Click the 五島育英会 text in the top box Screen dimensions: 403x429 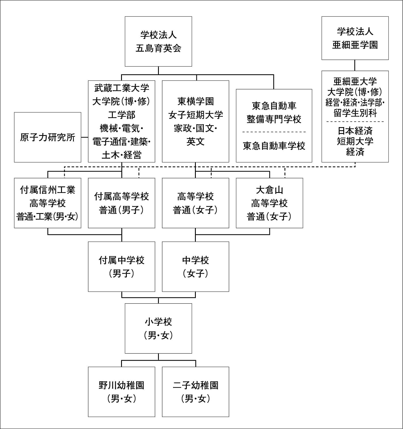[158, 48]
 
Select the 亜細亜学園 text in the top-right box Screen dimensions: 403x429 [355, 45]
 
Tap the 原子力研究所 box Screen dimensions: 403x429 [48, 137]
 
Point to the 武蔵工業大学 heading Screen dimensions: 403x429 [122, 88]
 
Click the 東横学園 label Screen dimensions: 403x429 [196, 101]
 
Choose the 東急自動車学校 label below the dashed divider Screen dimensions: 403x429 [274, 146]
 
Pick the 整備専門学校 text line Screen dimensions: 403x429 [274, 119]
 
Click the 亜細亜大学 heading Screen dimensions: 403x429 [355, 82]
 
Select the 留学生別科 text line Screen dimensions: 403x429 [355, 113]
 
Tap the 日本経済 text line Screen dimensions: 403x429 [355, 131]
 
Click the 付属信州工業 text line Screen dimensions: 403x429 [48, 190]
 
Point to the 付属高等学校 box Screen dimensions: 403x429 [122, 203]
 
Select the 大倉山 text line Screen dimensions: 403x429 [269, 190]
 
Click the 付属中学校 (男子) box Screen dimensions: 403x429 [122, 266]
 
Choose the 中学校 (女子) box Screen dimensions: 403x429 [196, 266]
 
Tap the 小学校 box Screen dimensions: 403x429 [158, 328]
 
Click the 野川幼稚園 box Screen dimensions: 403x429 [122, 392]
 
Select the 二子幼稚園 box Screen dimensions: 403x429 [196, 392]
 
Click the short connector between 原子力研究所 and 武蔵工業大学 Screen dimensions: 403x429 [85, 137]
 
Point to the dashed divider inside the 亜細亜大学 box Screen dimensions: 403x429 [355, 122]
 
